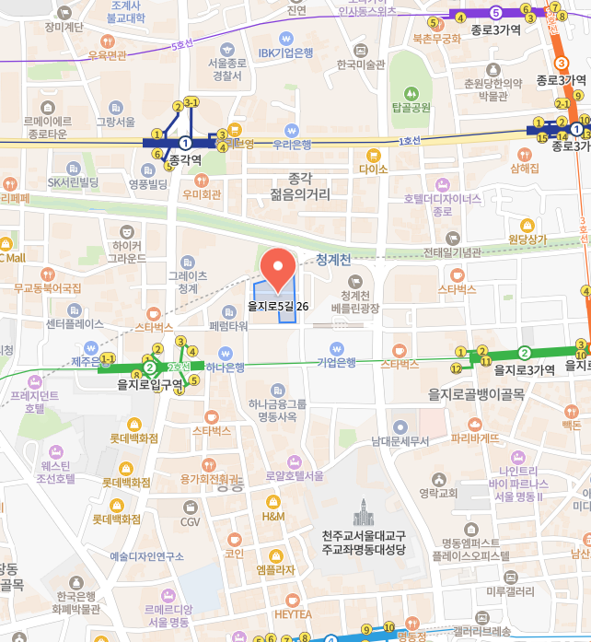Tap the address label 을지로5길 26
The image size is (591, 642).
(x=278, y=306)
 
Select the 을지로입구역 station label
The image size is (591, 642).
(x=151, y=385)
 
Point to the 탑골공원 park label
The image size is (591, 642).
(x=411, y=108)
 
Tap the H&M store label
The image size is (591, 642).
(x=273, y=517)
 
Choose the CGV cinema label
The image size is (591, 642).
(x=190, y=522)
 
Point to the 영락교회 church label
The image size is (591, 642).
(x=438, y=493)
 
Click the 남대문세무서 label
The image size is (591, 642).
(x=400, y=441)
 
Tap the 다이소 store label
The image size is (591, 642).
(x=374, y=169)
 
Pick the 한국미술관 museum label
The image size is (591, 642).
(x=360, y=64)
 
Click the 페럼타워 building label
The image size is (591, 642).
(x=228, y=326)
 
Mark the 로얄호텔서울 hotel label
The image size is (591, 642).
(x=294, y=476)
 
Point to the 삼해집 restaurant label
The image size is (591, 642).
(x=524, y=169)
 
